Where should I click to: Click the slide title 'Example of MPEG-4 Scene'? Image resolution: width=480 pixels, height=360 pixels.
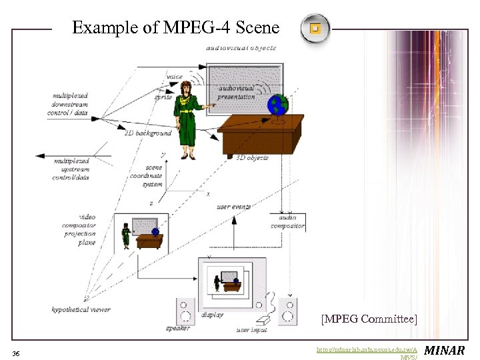coord(175,28)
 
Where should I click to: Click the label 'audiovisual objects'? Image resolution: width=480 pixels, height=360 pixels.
coord(241,48)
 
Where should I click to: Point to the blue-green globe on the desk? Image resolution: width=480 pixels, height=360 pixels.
coord(277,105)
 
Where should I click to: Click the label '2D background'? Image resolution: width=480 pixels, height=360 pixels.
coord(147,133)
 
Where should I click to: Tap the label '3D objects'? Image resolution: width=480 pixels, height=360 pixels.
coord(252,157)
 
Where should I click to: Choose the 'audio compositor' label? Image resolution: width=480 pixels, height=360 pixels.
coord(287,221)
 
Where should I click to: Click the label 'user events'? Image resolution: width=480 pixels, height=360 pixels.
coord(233,207)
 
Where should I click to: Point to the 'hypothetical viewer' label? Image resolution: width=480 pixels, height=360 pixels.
coord(81,309)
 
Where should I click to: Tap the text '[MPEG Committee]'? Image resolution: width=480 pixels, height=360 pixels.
coord(369,319)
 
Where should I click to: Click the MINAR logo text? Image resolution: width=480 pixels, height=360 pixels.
coord(445,350)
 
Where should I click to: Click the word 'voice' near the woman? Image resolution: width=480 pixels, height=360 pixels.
coord(175,77)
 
